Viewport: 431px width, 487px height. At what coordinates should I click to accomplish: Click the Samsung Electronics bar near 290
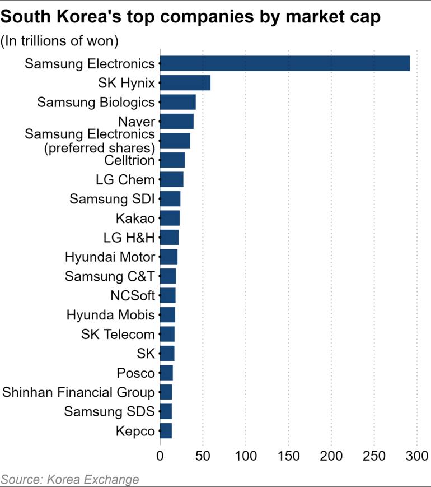[284, 63]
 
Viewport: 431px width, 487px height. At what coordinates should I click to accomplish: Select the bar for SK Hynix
[185, 83]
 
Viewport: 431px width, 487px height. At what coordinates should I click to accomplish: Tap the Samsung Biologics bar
[178, 102]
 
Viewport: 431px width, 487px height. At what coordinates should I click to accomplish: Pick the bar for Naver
[177, 122]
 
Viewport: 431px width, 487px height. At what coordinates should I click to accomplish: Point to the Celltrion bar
[172, 160]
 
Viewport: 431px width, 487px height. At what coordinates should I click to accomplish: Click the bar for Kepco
[166, 431]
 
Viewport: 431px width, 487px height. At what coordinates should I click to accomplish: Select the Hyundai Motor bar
[168, 257]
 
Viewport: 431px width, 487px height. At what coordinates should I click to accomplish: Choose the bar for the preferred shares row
[175, 141]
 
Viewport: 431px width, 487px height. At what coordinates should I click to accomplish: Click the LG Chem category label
[125, 180]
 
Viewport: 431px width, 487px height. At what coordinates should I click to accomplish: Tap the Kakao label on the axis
[135, 219]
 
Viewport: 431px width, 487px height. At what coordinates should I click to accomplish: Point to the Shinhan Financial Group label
[78, 392]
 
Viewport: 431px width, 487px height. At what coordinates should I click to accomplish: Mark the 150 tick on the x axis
[289, 457]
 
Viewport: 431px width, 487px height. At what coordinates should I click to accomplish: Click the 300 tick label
[417, 457]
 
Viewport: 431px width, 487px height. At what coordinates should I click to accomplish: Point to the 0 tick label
[160, 457]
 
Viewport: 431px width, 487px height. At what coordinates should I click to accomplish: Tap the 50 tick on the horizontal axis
[203, 457]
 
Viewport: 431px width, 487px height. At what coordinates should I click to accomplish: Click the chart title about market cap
[191, 17]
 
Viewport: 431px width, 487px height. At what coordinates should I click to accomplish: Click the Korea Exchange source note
[69, 479]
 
